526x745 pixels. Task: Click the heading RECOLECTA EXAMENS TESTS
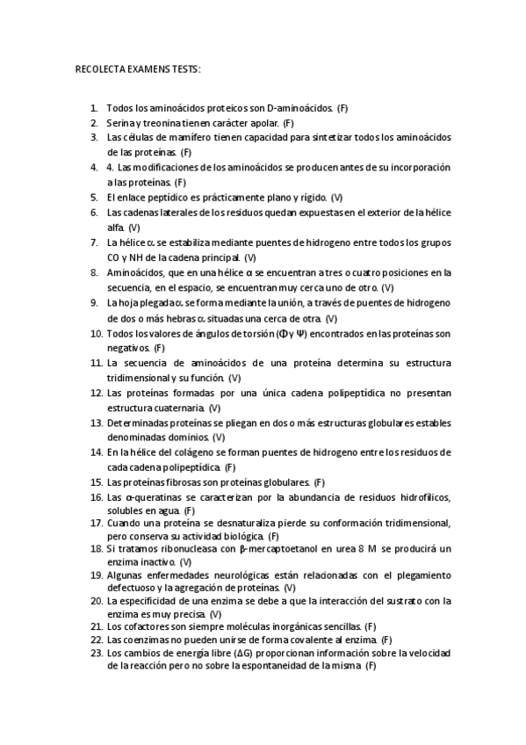point(138,69)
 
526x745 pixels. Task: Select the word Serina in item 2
point(120,123)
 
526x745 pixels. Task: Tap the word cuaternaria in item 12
point(179,408)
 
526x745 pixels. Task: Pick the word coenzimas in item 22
point(145,641)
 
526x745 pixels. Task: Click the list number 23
point(95,654)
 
